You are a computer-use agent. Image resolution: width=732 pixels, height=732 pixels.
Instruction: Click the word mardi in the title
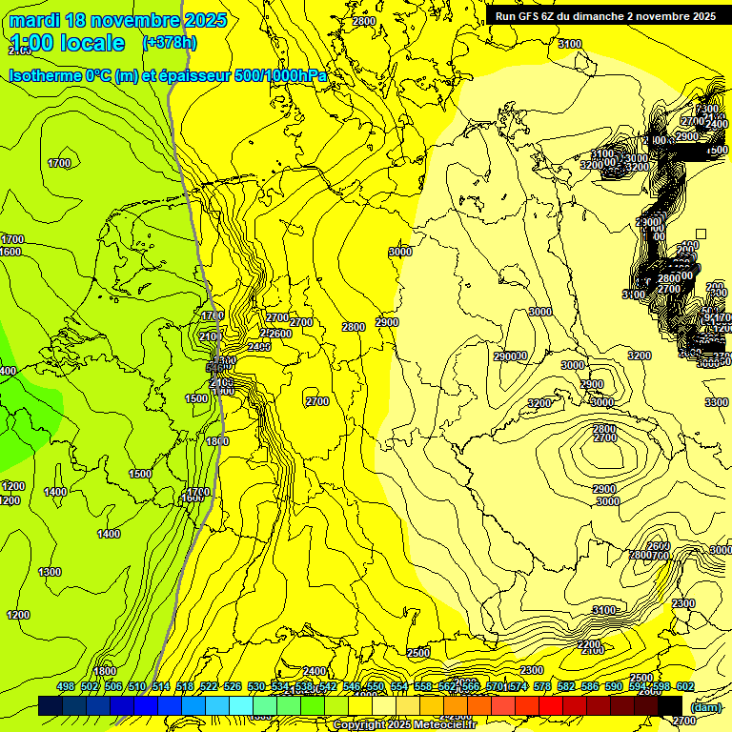[x=34, y=20]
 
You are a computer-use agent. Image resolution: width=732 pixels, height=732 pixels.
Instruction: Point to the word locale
[x=91, y=43]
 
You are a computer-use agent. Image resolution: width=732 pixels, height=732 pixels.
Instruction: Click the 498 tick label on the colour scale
[x=66, y=687]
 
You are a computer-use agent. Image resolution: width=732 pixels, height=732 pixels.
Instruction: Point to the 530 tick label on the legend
[x=256, y=687]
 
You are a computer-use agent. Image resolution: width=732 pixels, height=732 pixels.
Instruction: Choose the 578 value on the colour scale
[x=542, y=687]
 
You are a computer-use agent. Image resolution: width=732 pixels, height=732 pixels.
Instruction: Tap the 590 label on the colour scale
[x=614, y=687]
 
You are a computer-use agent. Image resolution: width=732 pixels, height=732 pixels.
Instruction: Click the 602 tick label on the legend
[x=685, y=687]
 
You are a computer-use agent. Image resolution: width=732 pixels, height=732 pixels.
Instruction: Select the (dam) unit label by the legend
[x=705, y=707]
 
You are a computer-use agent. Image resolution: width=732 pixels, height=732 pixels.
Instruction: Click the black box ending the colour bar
[x=671, y=705]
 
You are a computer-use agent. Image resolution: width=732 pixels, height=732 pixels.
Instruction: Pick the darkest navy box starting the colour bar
[x=51, y=705]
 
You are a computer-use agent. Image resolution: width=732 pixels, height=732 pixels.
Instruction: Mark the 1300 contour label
[x=50, y=572]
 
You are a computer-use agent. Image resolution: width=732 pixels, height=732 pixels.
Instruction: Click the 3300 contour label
[x=717, y=403]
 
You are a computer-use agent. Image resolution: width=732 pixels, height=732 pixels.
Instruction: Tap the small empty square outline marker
[x=701, y=234]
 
